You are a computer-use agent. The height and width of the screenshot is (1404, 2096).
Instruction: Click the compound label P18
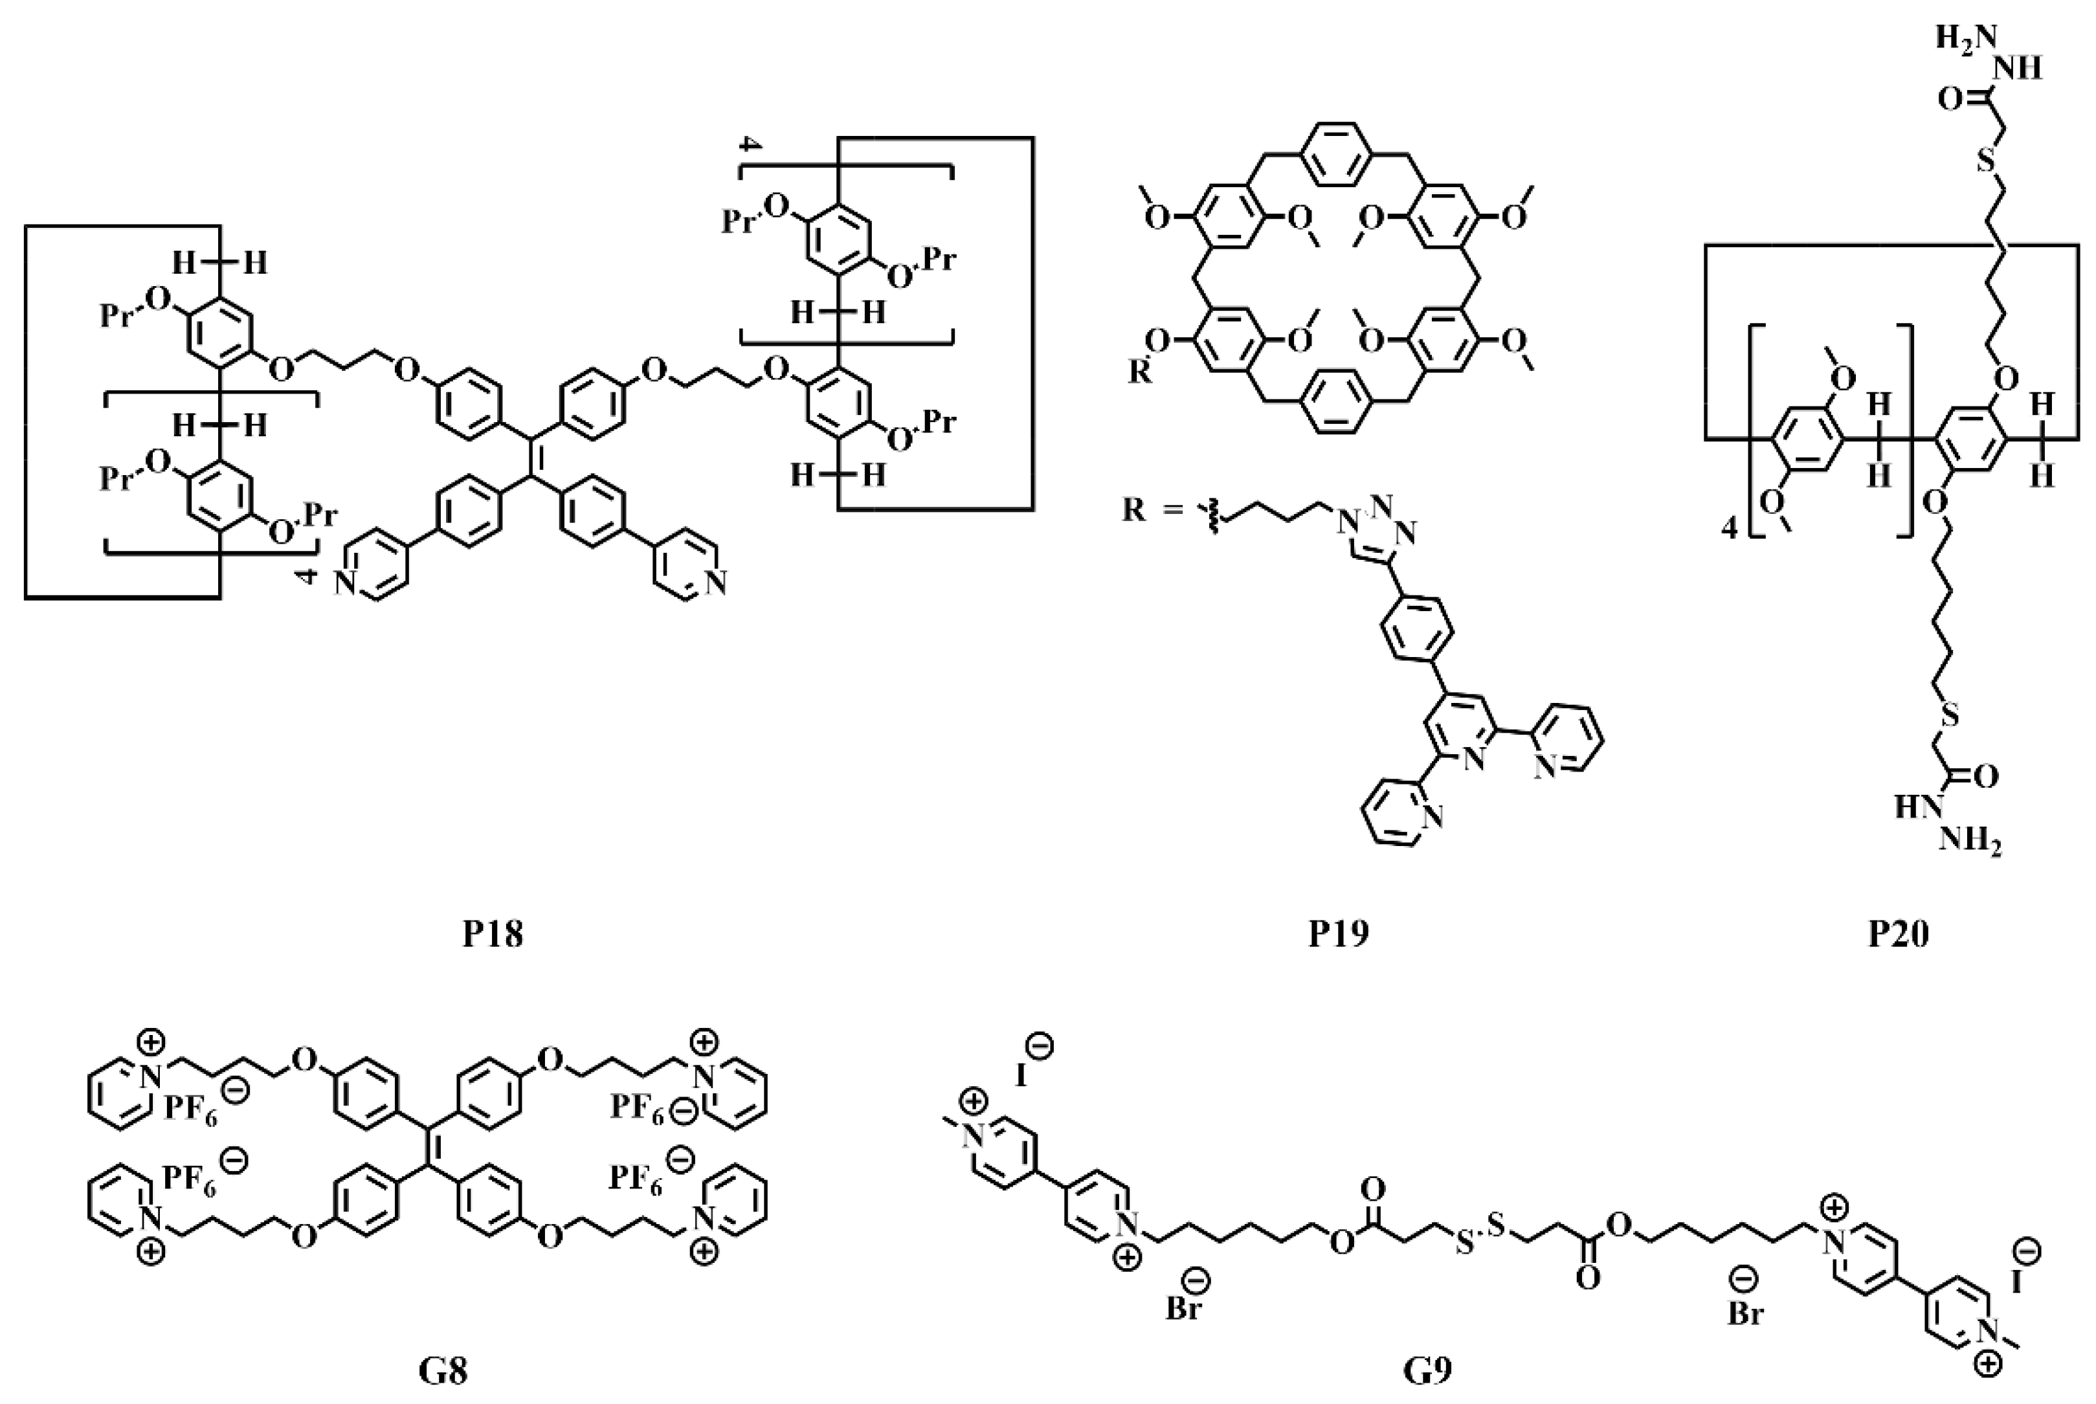pyautogui.click(x=493, y=934)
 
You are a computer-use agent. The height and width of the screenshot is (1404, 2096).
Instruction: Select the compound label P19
pyautogui.click(x=1339, y=934)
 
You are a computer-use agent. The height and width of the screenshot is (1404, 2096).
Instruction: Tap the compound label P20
pyautogui.click(x=1898, y=934)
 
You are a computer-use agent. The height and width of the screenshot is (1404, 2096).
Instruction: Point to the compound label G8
pyautogui.click(x=443, y=1370)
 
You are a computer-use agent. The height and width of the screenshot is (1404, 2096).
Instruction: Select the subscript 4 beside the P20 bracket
pyautogui.click(x=1729, y=530)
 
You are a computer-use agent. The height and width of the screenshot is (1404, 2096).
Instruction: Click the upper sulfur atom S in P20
pyautogui.click(x=1986, y=161)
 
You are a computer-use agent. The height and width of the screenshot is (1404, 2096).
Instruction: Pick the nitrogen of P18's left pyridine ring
pyautogui.click(x=346, y=584)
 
